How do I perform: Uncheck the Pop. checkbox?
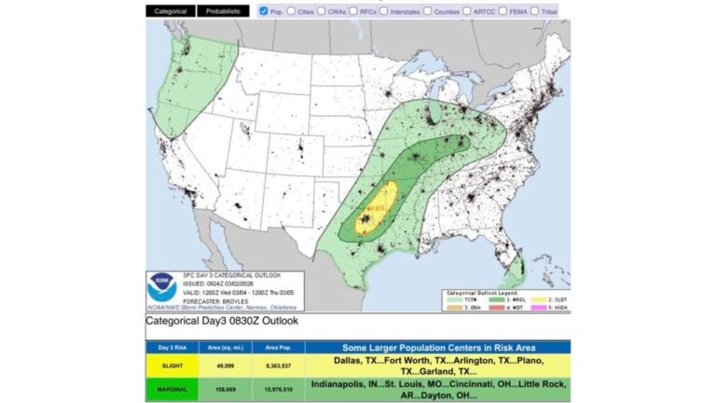264,11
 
